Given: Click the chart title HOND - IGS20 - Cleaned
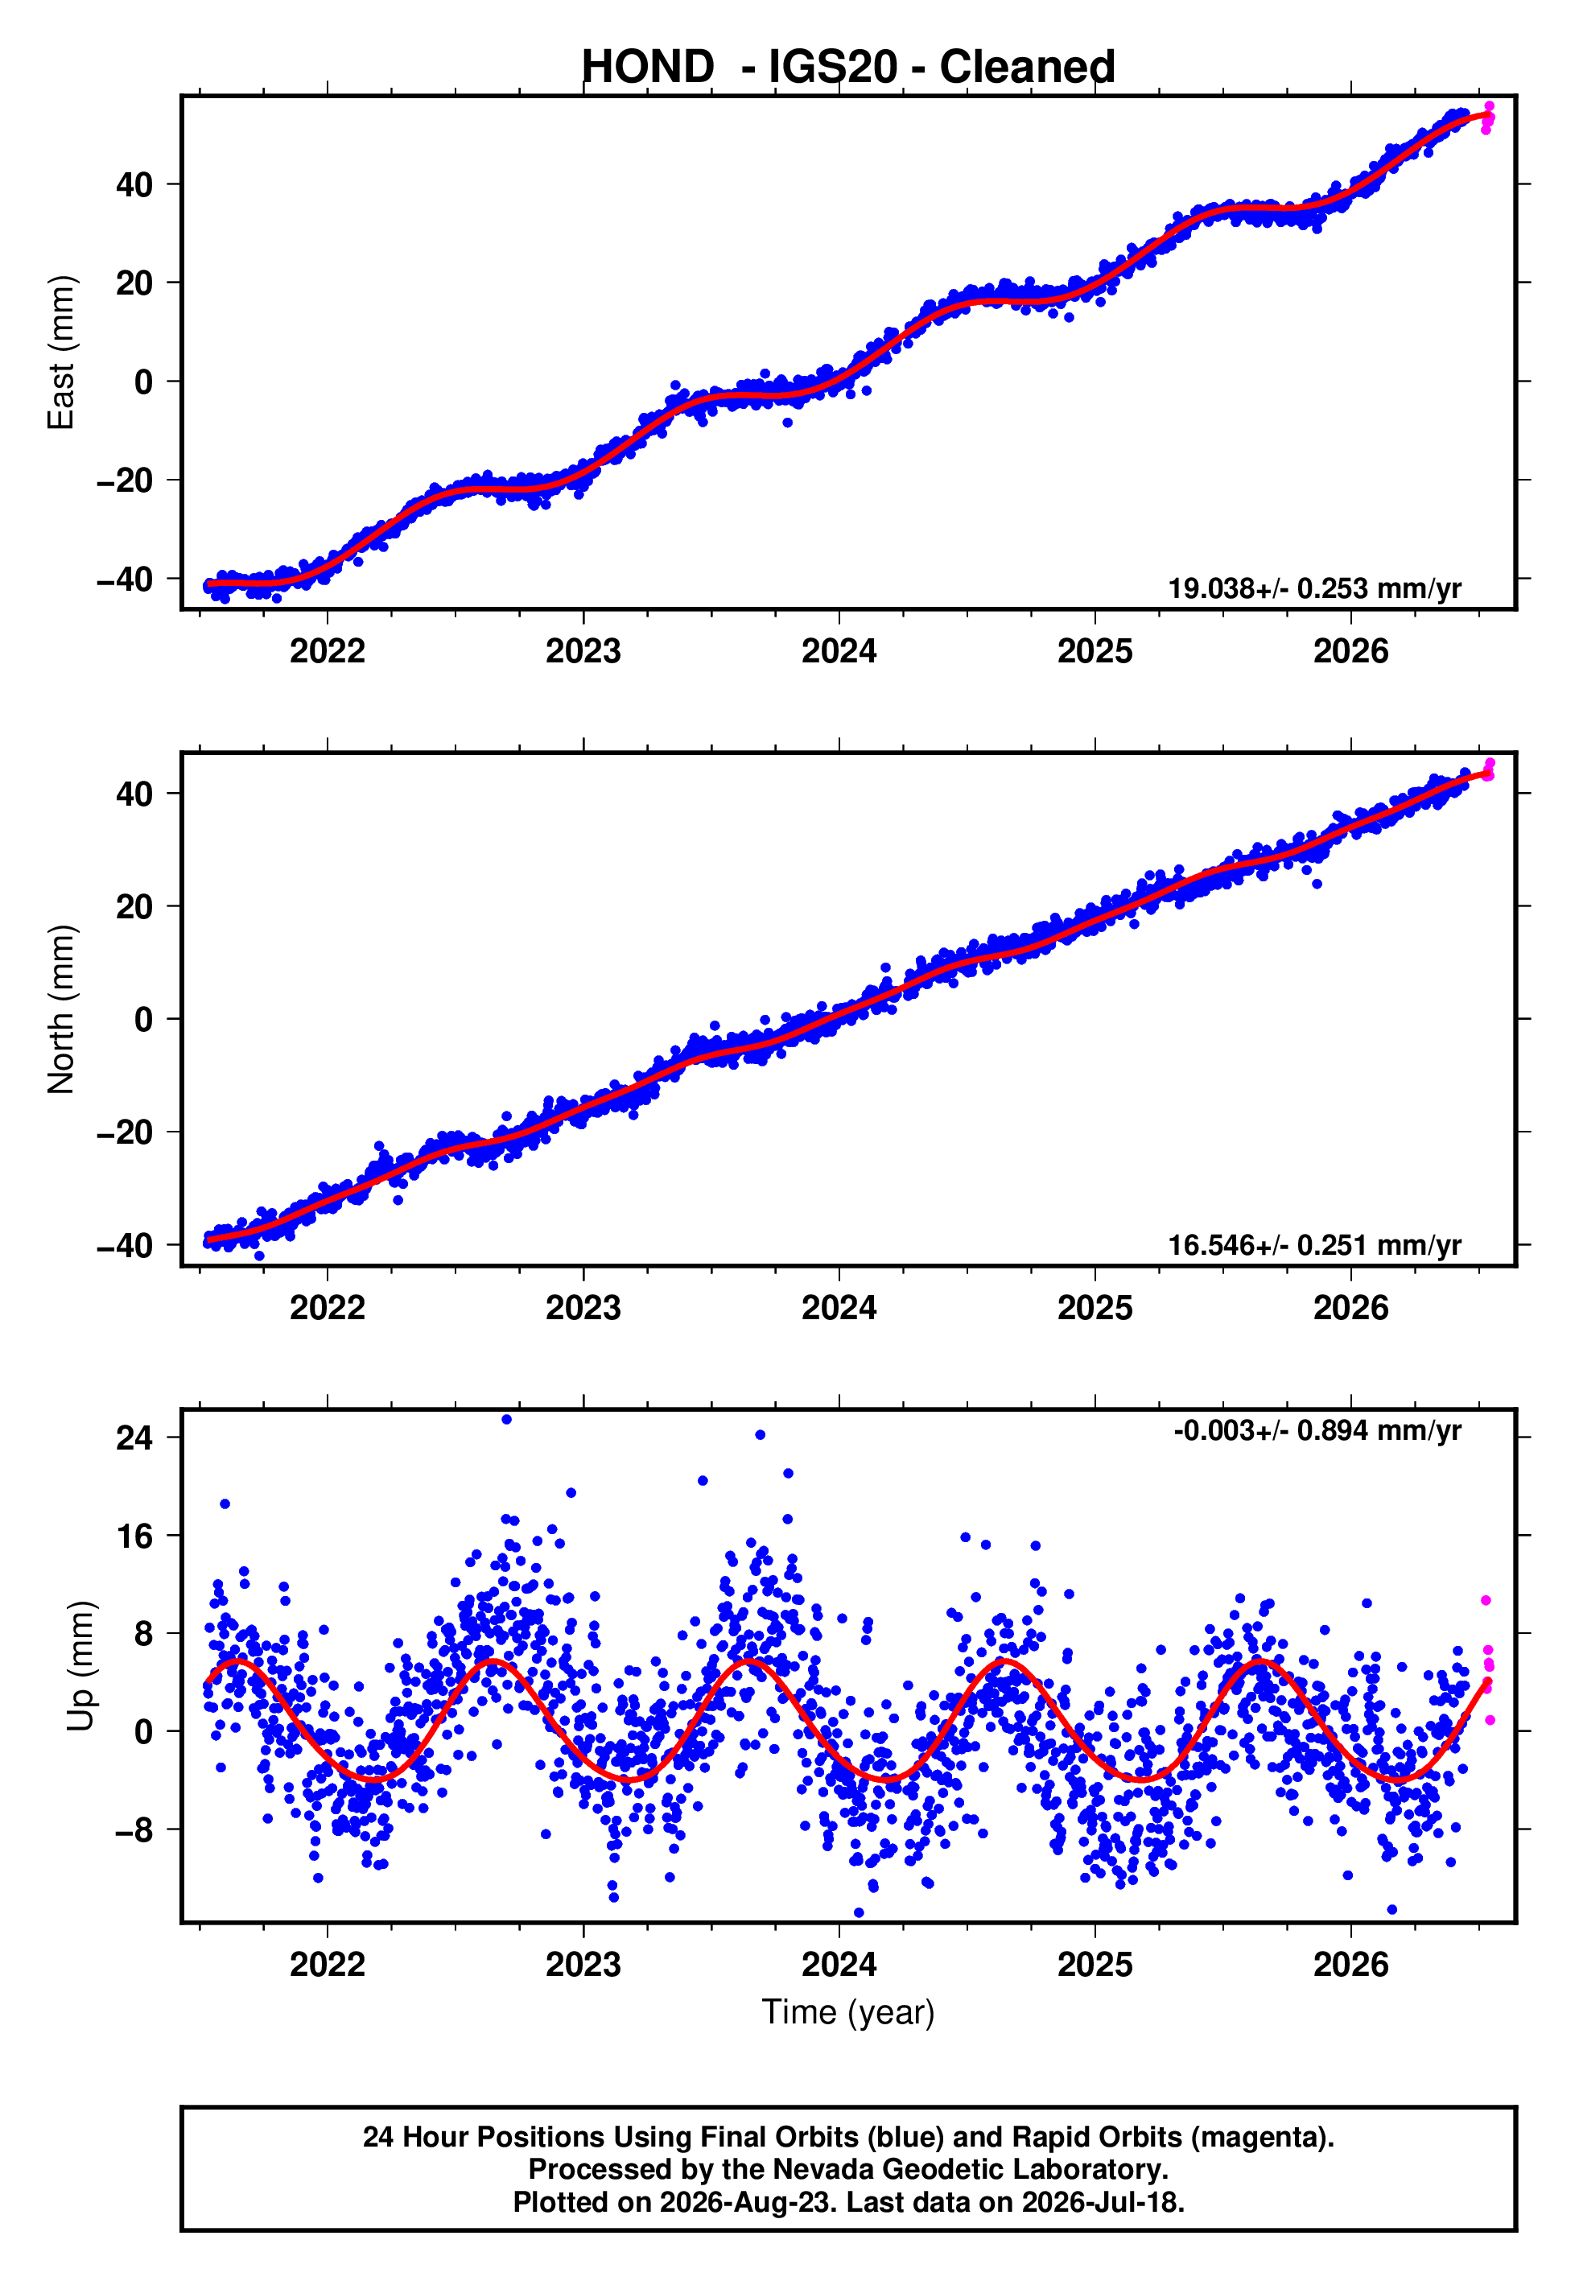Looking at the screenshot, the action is [848, 68].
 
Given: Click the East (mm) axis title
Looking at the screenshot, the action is [61, 353].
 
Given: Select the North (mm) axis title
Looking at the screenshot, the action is [61, 1009].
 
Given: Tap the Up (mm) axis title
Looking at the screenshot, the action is [80, 1666].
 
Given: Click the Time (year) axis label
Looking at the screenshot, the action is [848, 2013].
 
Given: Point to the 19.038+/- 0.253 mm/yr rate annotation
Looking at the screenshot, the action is [1314, 588].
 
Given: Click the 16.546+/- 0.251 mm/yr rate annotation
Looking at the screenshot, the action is [1314, 1245].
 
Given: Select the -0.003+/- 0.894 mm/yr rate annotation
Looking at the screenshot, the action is [1317, 1430].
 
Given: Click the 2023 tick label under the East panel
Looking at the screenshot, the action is [583, 651].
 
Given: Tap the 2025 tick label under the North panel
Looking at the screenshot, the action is [1095, 1308].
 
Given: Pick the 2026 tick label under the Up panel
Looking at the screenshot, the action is [1350, 1965].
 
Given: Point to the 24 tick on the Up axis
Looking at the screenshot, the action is [134, 1437].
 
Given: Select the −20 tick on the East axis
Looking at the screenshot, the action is [125, 481].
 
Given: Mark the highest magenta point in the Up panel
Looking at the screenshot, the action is [1486, 1600].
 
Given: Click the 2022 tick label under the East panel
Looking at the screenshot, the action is [328, 651].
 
